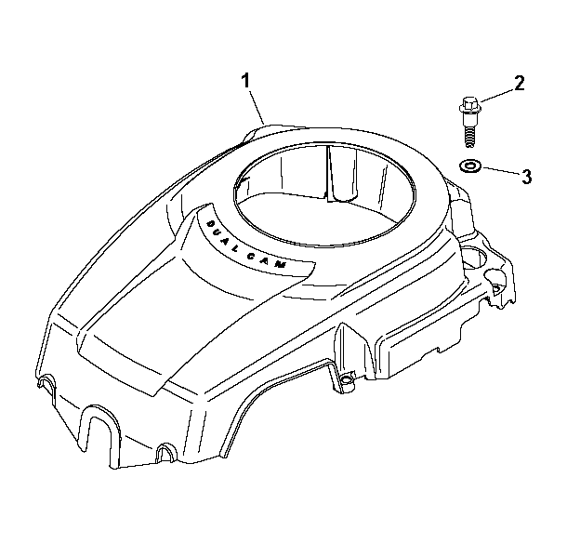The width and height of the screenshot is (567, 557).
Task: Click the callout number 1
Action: tap(246, 81)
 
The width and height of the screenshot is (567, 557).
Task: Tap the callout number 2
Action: tap(519, 84)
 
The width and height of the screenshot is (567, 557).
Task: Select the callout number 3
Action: tap(526, 177)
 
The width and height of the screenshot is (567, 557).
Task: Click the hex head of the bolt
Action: tap(469, 105)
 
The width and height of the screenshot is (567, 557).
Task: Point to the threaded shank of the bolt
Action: tap(469, 135)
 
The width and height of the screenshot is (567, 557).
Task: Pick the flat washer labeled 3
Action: tap(470, 166)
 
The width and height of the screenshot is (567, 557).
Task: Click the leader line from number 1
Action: tap(257, 107)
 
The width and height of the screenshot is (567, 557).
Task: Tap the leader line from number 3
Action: tap(500, 170)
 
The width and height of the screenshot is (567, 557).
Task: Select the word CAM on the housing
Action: tap(268, 261)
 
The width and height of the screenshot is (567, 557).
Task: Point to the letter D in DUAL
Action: tap(209, 224)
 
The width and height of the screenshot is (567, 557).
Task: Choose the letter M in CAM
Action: tap(282, 265)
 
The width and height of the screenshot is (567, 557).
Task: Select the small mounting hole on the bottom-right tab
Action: tap(346, 379)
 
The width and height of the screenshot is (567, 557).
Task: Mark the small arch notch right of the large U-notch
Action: tap(166, 451)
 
